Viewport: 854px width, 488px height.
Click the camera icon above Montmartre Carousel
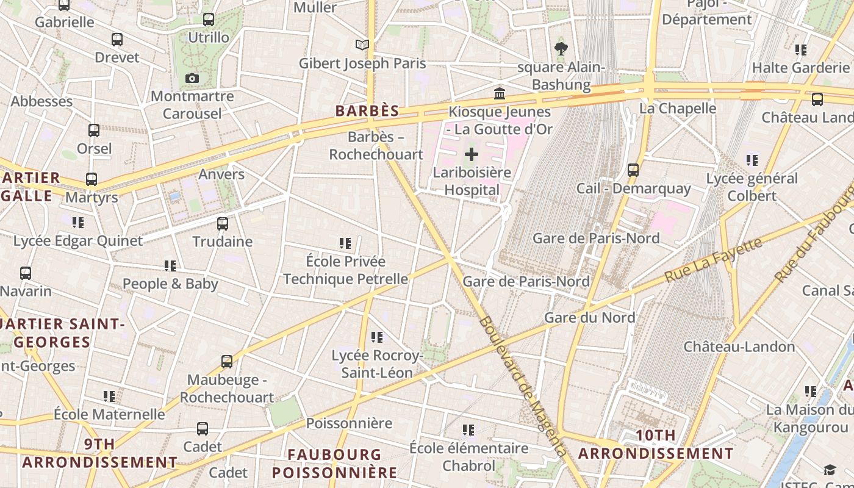(192, 79)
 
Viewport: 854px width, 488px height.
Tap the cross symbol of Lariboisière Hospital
(472, 154)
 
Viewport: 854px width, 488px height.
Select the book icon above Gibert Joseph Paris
(362, 45)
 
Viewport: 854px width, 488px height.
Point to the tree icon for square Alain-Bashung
(561, 49)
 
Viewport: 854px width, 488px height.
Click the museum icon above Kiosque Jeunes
(500, 93)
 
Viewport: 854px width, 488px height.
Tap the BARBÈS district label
(367, 111)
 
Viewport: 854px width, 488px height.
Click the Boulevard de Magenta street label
(523, 386)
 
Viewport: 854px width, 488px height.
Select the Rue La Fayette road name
(713, 260)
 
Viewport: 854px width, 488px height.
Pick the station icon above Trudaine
(223, 224)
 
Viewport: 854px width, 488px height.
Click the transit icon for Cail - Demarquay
(633, 170)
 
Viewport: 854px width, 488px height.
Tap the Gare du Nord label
(589, 317)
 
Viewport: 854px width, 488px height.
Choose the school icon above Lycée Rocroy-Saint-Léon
(377, 337)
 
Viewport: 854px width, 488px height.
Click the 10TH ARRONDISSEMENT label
(656, 445)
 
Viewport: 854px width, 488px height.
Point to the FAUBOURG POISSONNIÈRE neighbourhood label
(334, 464)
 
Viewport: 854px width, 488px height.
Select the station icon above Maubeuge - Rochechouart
(227, 362)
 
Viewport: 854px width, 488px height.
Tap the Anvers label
(221, 174)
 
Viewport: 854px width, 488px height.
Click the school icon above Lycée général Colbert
(752, 160)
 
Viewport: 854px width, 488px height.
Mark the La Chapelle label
(677, 109)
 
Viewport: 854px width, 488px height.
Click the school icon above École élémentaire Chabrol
(468, 430)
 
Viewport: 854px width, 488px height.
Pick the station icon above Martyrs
(91, 179)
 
